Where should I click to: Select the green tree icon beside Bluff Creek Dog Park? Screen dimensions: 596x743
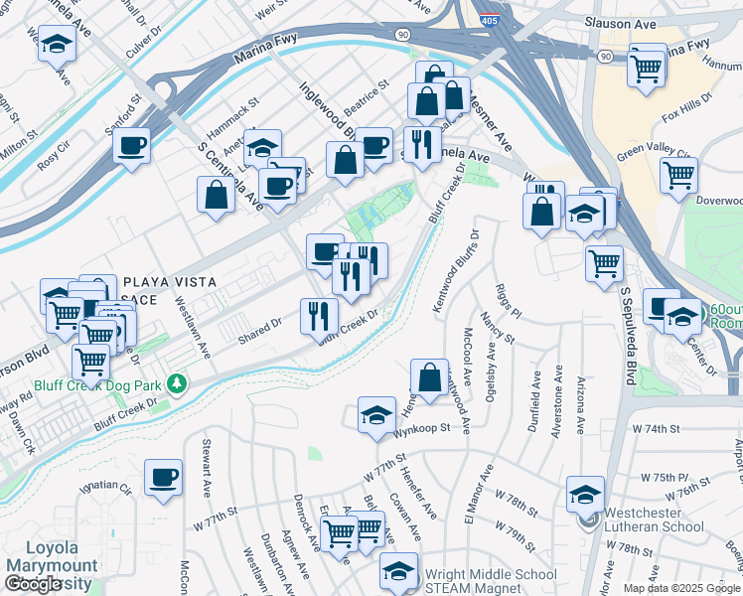coord(177,382)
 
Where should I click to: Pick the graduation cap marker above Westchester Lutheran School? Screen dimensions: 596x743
coord(585,494)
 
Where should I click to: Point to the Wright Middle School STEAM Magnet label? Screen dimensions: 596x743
coord(490,582)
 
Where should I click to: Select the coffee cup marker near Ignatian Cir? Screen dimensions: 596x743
coord(163,477)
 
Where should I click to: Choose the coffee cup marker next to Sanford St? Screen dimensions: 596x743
coord(131,146)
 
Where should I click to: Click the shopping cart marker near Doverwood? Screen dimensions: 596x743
coord(678,175)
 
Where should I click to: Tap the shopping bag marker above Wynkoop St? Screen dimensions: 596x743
coord(428,377)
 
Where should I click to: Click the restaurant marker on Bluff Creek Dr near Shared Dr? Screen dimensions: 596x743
coord(319,316)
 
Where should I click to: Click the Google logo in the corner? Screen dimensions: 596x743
coord(32,584)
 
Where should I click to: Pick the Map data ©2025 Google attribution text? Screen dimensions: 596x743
coord(680,588)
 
